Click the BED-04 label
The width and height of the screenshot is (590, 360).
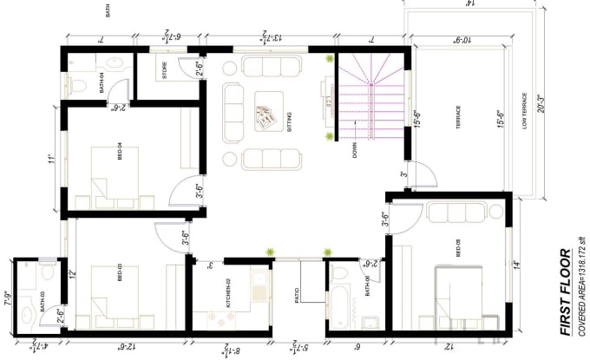119,153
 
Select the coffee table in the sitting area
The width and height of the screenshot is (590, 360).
266,114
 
